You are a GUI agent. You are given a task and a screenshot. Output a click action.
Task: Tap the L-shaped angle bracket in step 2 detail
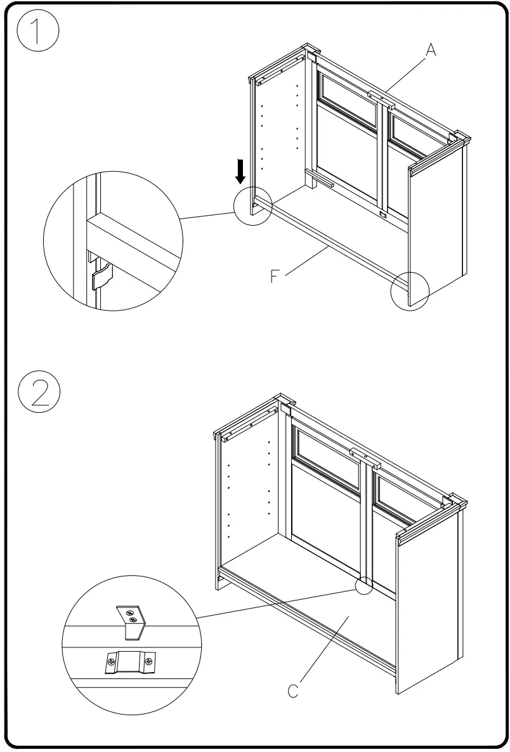pyautogui.click(x=132, y=621)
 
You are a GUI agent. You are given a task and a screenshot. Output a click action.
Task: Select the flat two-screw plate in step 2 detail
pyautogui.click(x=129, y=663)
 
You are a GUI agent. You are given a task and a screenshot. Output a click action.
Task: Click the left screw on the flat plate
pyautogui.click(x=110, y=663)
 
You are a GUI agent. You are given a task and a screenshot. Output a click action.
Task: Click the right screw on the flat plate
pyautogui.click(x=148, y=663)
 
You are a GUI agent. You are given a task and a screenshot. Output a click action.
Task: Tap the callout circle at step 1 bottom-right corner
pyautogui.click(x=410, y=290)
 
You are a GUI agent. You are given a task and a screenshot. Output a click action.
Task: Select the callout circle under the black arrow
pyautogui.click(x=252, y=204)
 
